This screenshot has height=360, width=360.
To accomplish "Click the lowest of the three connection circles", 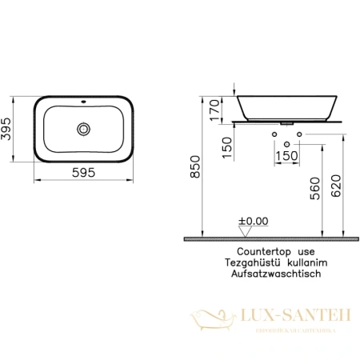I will coord(287,142).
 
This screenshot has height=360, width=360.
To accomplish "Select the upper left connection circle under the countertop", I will coord(274,130).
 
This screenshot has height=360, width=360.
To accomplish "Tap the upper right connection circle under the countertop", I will coord(300,130).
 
